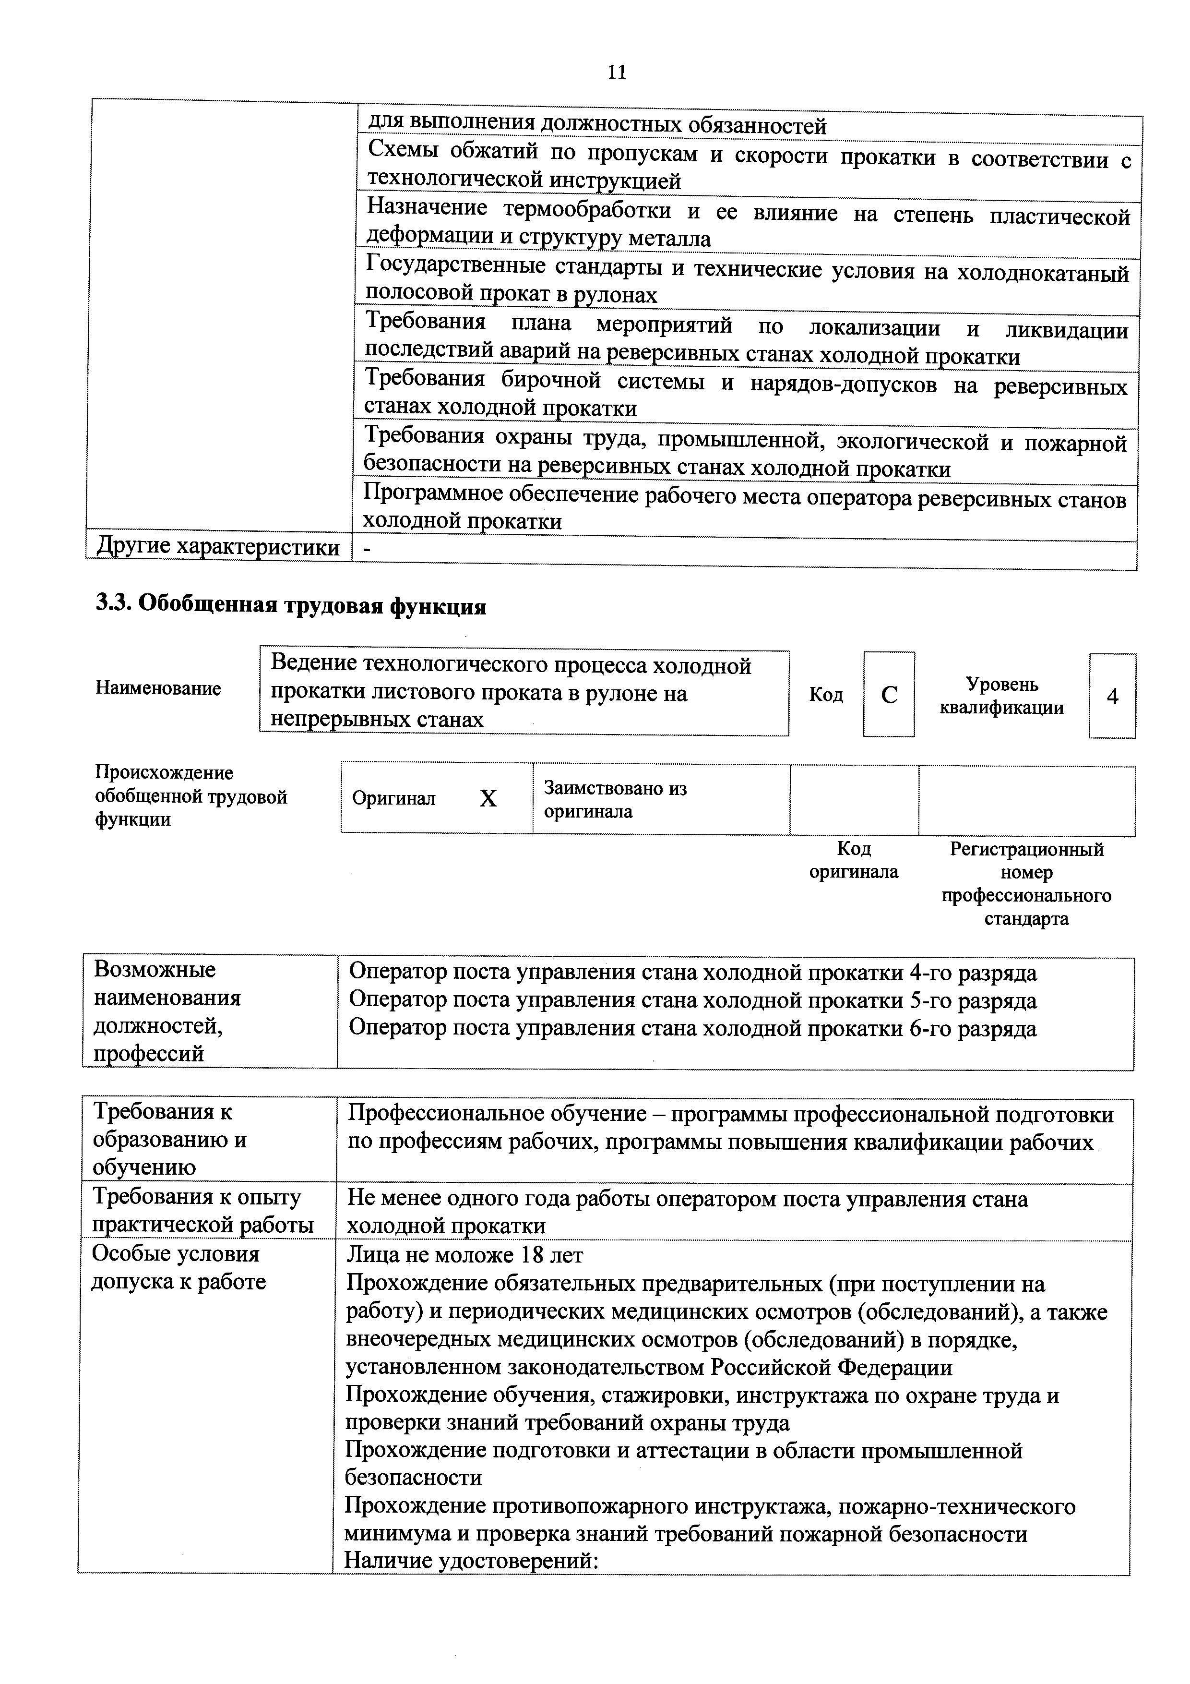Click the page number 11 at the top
(617, 72)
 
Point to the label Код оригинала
(854, 860)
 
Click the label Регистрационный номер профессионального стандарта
(1026, 884)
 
